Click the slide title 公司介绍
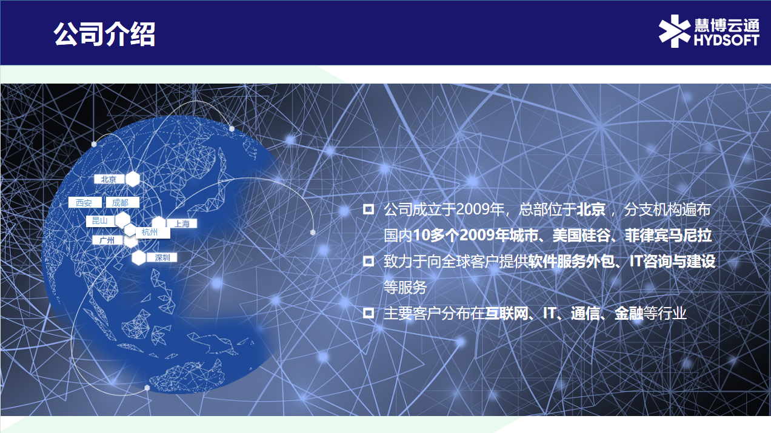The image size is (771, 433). [104, 34]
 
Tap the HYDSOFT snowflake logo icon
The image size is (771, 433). [675, 31]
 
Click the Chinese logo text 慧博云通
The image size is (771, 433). [727, 25]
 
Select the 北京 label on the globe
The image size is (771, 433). [109, 179]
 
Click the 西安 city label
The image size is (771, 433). [84, 202]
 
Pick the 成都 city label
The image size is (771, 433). [122, 202]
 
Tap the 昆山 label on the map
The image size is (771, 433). [100, 221]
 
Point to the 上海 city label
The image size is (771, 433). [182, 223]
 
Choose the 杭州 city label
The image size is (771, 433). [150, 233]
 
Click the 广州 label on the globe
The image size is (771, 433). [107, 240]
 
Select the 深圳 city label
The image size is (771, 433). [162, 257]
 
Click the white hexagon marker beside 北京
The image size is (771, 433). [133, 179]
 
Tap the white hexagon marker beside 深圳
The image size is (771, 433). [139, 257]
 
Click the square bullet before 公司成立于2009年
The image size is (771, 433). [369, 209]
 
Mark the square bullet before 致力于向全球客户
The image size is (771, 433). [369, 262]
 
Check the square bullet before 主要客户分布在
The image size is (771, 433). [369, 313]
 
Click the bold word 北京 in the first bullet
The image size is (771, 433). [591, 209]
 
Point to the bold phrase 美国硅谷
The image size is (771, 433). [582, 235]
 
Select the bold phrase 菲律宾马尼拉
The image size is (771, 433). [669, 235]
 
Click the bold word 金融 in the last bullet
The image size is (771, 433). [629, 313]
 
